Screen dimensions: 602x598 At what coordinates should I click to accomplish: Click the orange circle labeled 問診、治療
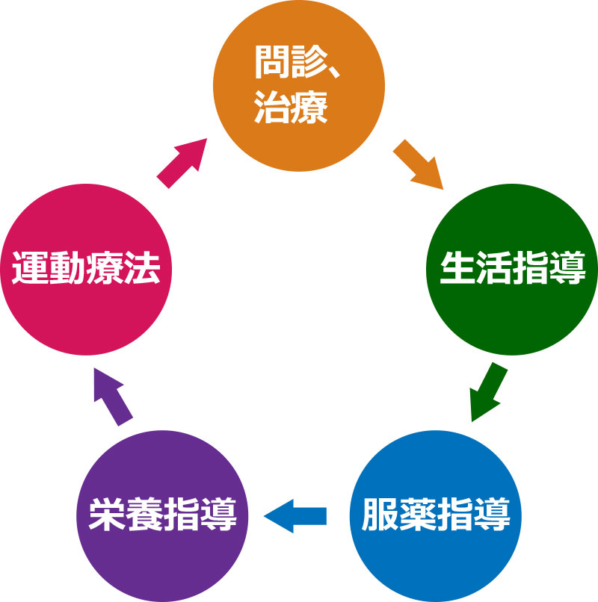click(299, 86)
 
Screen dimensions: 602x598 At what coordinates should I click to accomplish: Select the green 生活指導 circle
click(511, 269)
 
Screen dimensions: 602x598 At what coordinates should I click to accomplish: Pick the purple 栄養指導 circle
click(162, 515)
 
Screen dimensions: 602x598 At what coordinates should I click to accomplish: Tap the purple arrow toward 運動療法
click(111, 396)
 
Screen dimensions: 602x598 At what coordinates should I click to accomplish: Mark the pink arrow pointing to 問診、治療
click(182, 161)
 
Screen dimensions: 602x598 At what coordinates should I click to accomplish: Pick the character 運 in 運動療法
click(29, 269)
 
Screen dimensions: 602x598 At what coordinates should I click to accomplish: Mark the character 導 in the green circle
click(567, 269)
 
